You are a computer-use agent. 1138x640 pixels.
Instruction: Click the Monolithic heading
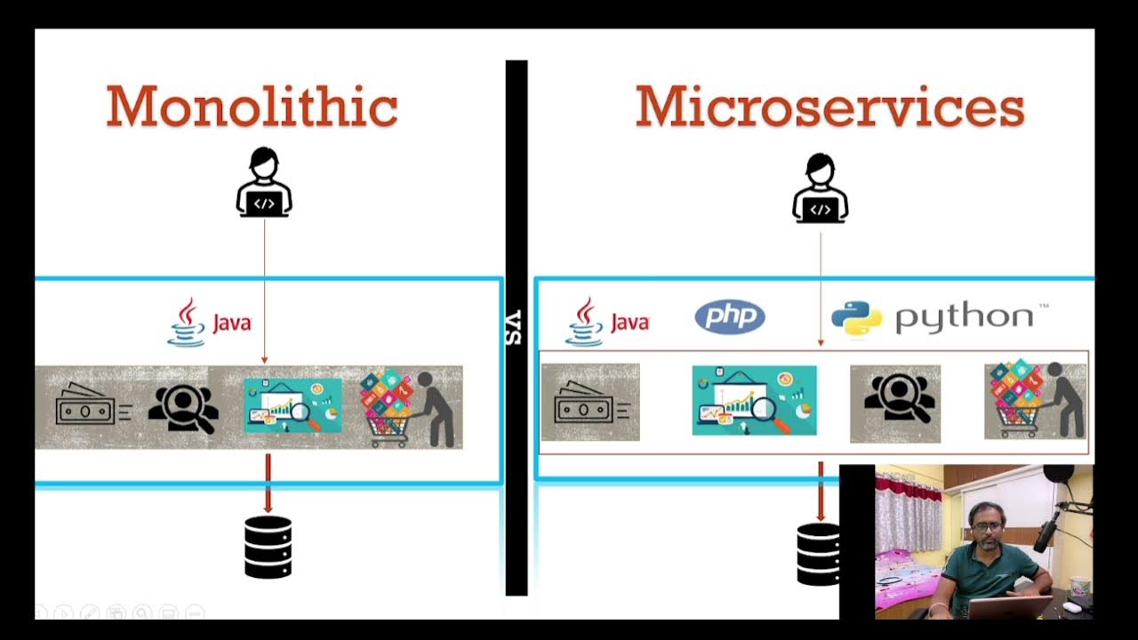252,107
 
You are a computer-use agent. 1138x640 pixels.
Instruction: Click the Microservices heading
829,107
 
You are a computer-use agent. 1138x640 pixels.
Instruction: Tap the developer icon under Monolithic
264,184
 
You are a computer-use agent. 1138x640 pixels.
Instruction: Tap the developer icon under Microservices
820,188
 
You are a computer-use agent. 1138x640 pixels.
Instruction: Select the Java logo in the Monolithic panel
210,322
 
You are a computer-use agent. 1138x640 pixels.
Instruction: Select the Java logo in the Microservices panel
607,322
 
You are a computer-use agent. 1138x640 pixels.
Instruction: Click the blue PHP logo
729,316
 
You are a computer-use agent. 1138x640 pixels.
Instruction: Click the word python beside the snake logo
965,317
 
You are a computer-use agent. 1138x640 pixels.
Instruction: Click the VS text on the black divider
515,328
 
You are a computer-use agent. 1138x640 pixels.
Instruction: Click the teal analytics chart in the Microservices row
754,400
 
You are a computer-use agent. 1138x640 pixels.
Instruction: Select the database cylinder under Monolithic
268,547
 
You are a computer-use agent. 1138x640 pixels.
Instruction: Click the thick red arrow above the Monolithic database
268,483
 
